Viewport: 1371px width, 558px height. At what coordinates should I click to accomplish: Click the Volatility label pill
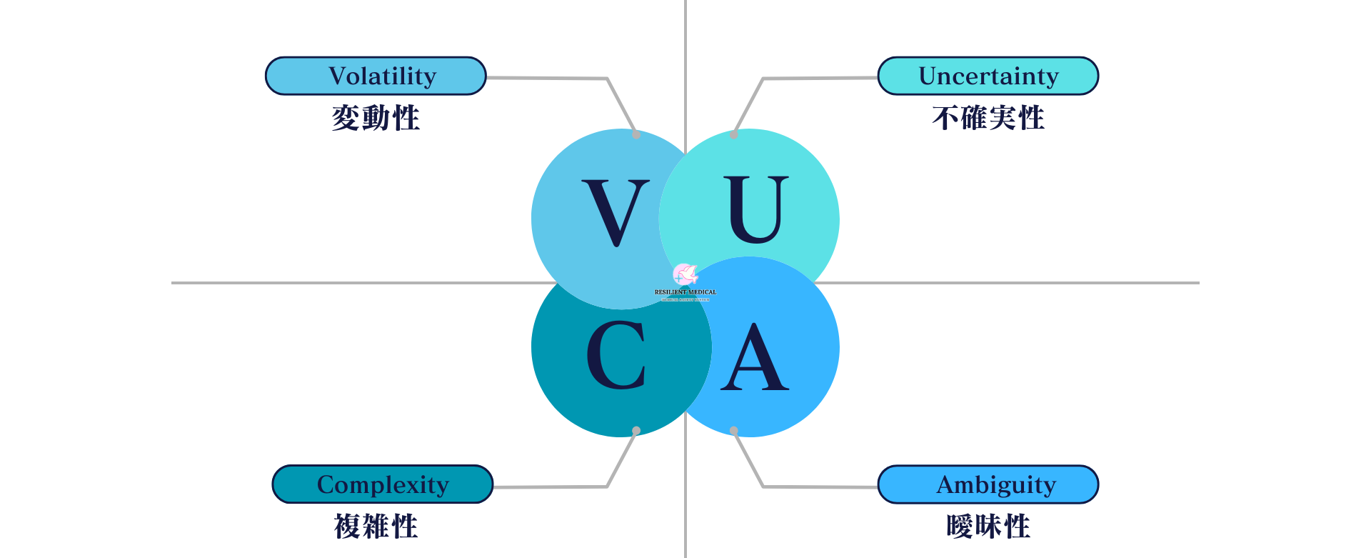pyautogui.click(x=376, y=76)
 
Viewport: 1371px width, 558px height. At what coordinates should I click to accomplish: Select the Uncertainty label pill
pyautogui.click(x=988, y=76)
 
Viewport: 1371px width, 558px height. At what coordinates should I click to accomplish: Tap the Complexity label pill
pyautogui.click(x=383, y=484)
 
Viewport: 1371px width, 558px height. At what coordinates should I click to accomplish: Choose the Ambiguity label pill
pyautogui.click(x=988, y=484)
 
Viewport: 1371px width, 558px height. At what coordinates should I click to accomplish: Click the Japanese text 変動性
pyautogui.click(x=376, y=118)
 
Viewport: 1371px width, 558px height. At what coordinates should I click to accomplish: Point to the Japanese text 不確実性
pyautogui.click(x=988, y=118)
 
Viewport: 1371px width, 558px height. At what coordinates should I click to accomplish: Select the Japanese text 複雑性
pyautogui.click(x=376, y=527)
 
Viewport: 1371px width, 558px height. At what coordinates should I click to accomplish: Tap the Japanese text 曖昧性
pyautogui.click(x=988, y=527)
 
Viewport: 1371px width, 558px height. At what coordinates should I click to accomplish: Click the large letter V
pyautogui.click(x=616, y=212)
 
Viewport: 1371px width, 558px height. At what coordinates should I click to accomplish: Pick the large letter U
pyautogui.click(x=756, y=209)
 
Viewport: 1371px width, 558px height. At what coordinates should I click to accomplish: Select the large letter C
pyautogui.click(x=616, y=355)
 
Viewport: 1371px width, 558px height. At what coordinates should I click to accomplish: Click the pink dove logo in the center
pyautogui.click(x=685, y=274)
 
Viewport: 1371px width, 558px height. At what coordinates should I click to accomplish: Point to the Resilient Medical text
pyautogui.click(x=685, y=292)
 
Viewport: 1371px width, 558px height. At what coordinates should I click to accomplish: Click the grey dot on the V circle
pyautogui.click(x=636, y=134)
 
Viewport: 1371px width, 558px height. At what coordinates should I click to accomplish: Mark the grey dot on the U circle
pyautogui.click(x=734, y=134)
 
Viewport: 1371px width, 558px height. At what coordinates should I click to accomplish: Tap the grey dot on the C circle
pyautogui.click(x=636, y=431)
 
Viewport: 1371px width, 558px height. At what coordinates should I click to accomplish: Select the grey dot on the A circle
pyautogui.click(x=734, y=431)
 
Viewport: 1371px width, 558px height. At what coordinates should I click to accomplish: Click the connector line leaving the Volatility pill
pyautogui.click(x=547, y=78)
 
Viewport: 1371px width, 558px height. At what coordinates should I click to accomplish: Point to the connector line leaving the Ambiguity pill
pyautogui.click(x=821, y=487)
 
